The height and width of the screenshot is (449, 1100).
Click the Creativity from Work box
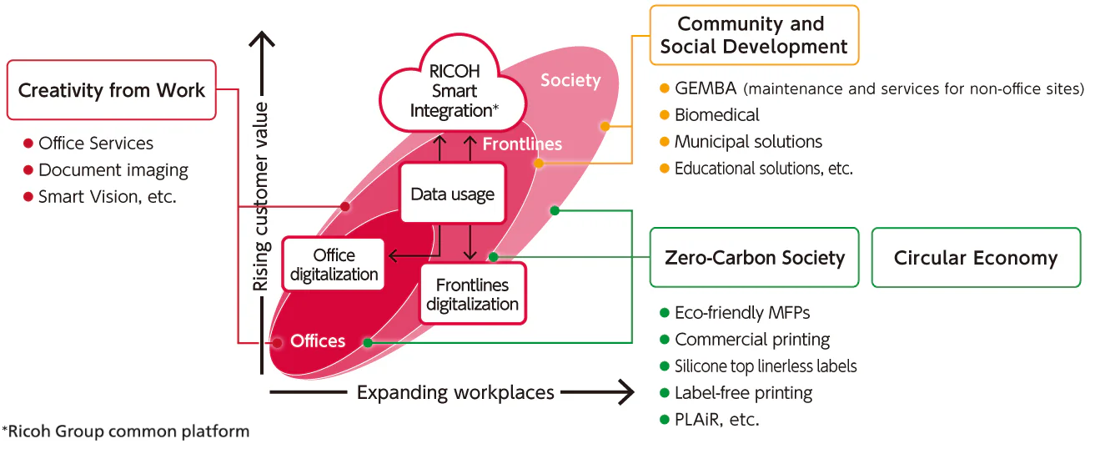(111, 90)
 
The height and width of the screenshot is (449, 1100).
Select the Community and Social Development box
(753, 35)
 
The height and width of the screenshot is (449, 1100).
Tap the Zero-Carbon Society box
(754, 258)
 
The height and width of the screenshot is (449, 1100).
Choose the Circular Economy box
(975, 258)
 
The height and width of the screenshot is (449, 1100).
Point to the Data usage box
(452, 194)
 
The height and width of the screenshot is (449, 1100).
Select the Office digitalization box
(334, 265)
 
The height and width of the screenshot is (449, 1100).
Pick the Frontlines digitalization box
(472, 295)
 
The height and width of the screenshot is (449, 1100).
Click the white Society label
(570, 80)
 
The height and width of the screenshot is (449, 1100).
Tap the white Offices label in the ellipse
(318, 341)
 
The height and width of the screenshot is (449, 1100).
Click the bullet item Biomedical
(716, 115)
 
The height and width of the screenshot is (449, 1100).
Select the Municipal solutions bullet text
(748, 142)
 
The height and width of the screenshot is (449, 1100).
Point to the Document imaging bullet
(113, 170)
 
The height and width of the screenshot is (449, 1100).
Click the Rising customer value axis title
(262, 196)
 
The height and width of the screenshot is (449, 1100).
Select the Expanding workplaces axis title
(455, 392)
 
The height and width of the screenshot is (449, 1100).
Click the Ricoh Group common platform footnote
(126, 431)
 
